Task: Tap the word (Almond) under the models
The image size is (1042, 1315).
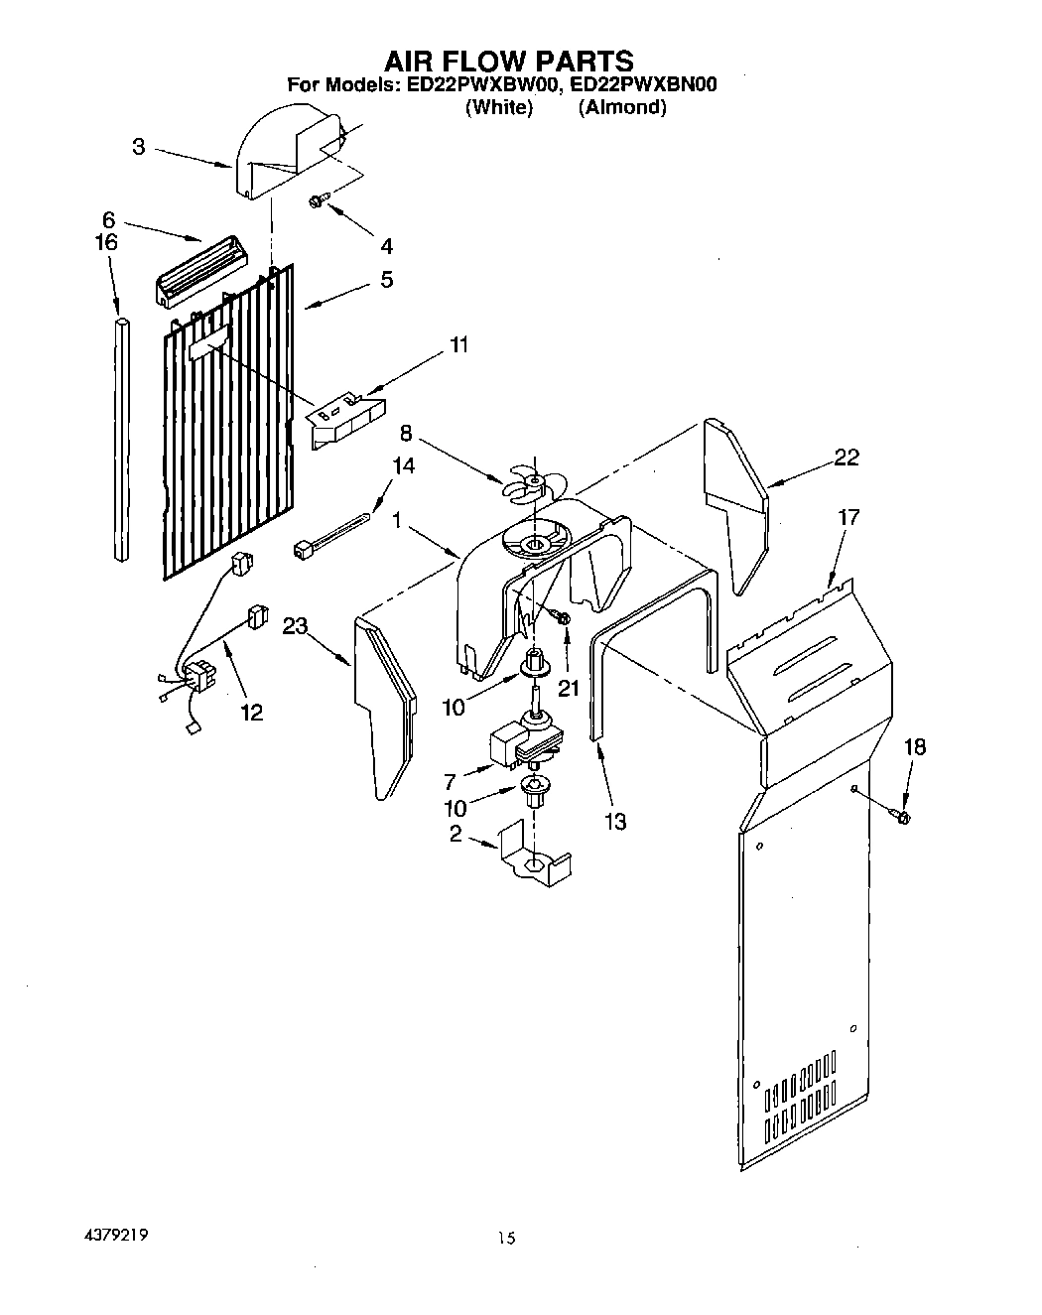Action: tap(622, 107)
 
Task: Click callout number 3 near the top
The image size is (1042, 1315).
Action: tap(139, 147)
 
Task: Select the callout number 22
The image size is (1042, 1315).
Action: tap(846, 458)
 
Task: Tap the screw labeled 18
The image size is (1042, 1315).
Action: tap(903, 816)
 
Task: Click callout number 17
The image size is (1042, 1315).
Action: tap(848, 517)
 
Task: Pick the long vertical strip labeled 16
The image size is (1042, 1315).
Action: tap(121, 442)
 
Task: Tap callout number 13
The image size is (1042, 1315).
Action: tap(615, 821)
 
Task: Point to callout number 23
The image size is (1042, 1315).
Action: tap(295, 625)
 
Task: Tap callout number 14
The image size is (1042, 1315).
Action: tap(403, 465)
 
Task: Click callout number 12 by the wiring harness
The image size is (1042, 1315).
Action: tap(252, 712)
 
